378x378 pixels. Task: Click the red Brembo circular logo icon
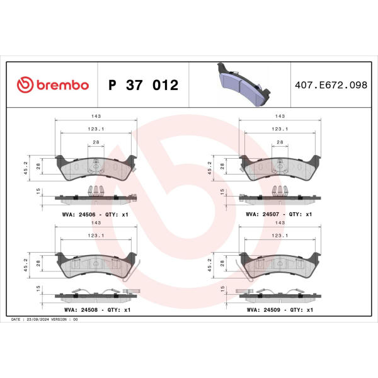(x=25, y=85)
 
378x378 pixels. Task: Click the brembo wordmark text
(x=62, y=85)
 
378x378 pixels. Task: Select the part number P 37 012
(x=144, y=85)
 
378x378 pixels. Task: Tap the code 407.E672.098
(x=331, y=85)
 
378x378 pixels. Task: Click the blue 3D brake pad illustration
(x=243, y=84)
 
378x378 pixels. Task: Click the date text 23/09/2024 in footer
(x=38, y=319)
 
